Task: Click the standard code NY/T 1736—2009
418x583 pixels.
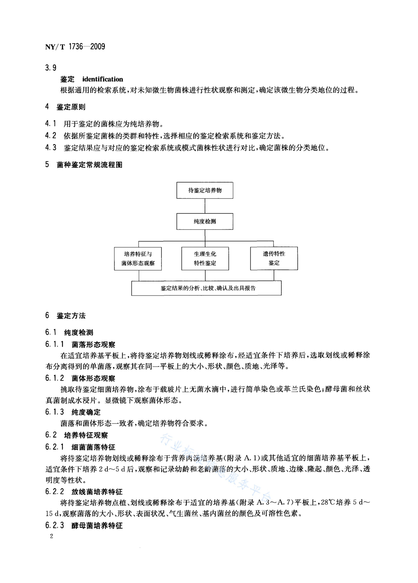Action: [75, 47]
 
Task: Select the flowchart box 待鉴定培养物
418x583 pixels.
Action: [205, 190]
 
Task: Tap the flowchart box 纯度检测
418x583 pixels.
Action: [205, 221]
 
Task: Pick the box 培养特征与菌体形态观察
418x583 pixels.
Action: [138, 259]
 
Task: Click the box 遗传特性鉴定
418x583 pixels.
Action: [274, 258]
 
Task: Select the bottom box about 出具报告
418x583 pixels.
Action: [206, 288]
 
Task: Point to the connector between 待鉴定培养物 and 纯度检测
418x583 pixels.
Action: [205, 206]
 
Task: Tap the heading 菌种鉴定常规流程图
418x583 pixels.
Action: [90, 165]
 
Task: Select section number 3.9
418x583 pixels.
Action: [51, 68]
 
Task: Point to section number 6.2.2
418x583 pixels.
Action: [54, 491]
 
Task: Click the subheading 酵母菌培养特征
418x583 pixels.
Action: [97, 526]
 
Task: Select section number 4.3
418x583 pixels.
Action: [51, 148]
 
